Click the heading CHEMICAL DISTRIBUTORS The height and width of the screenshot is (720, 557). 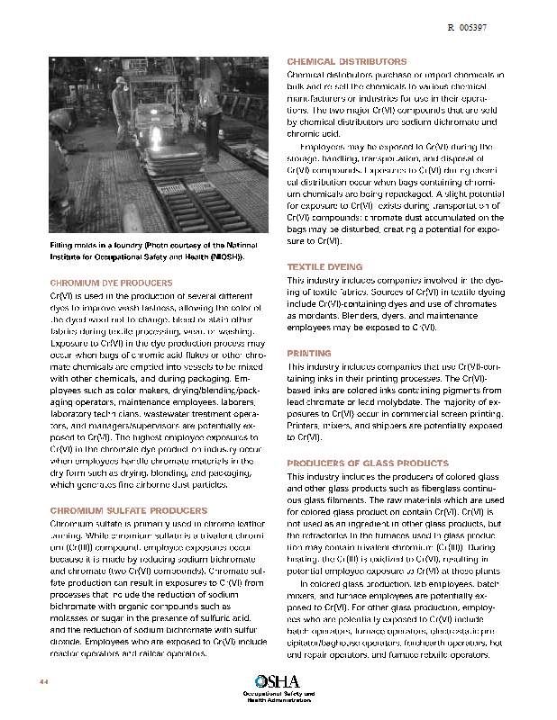tap(346, 61)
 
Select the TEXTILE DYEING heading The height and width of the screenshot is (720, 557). tap(324, 267)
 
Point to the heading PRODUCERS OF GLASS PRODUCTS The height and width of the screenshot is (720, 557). tap(367, 463)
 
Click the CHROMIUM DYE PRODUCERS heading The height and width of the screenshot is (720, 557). tap(111, 283)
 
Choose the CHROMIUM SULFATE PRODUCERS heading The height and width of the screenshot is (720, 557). tap(122, 510)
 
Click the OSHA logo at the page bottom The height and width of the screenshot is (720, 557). tap(277, 681)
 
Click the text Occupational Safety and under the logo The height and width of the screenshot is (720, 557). tap(278, 694)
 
